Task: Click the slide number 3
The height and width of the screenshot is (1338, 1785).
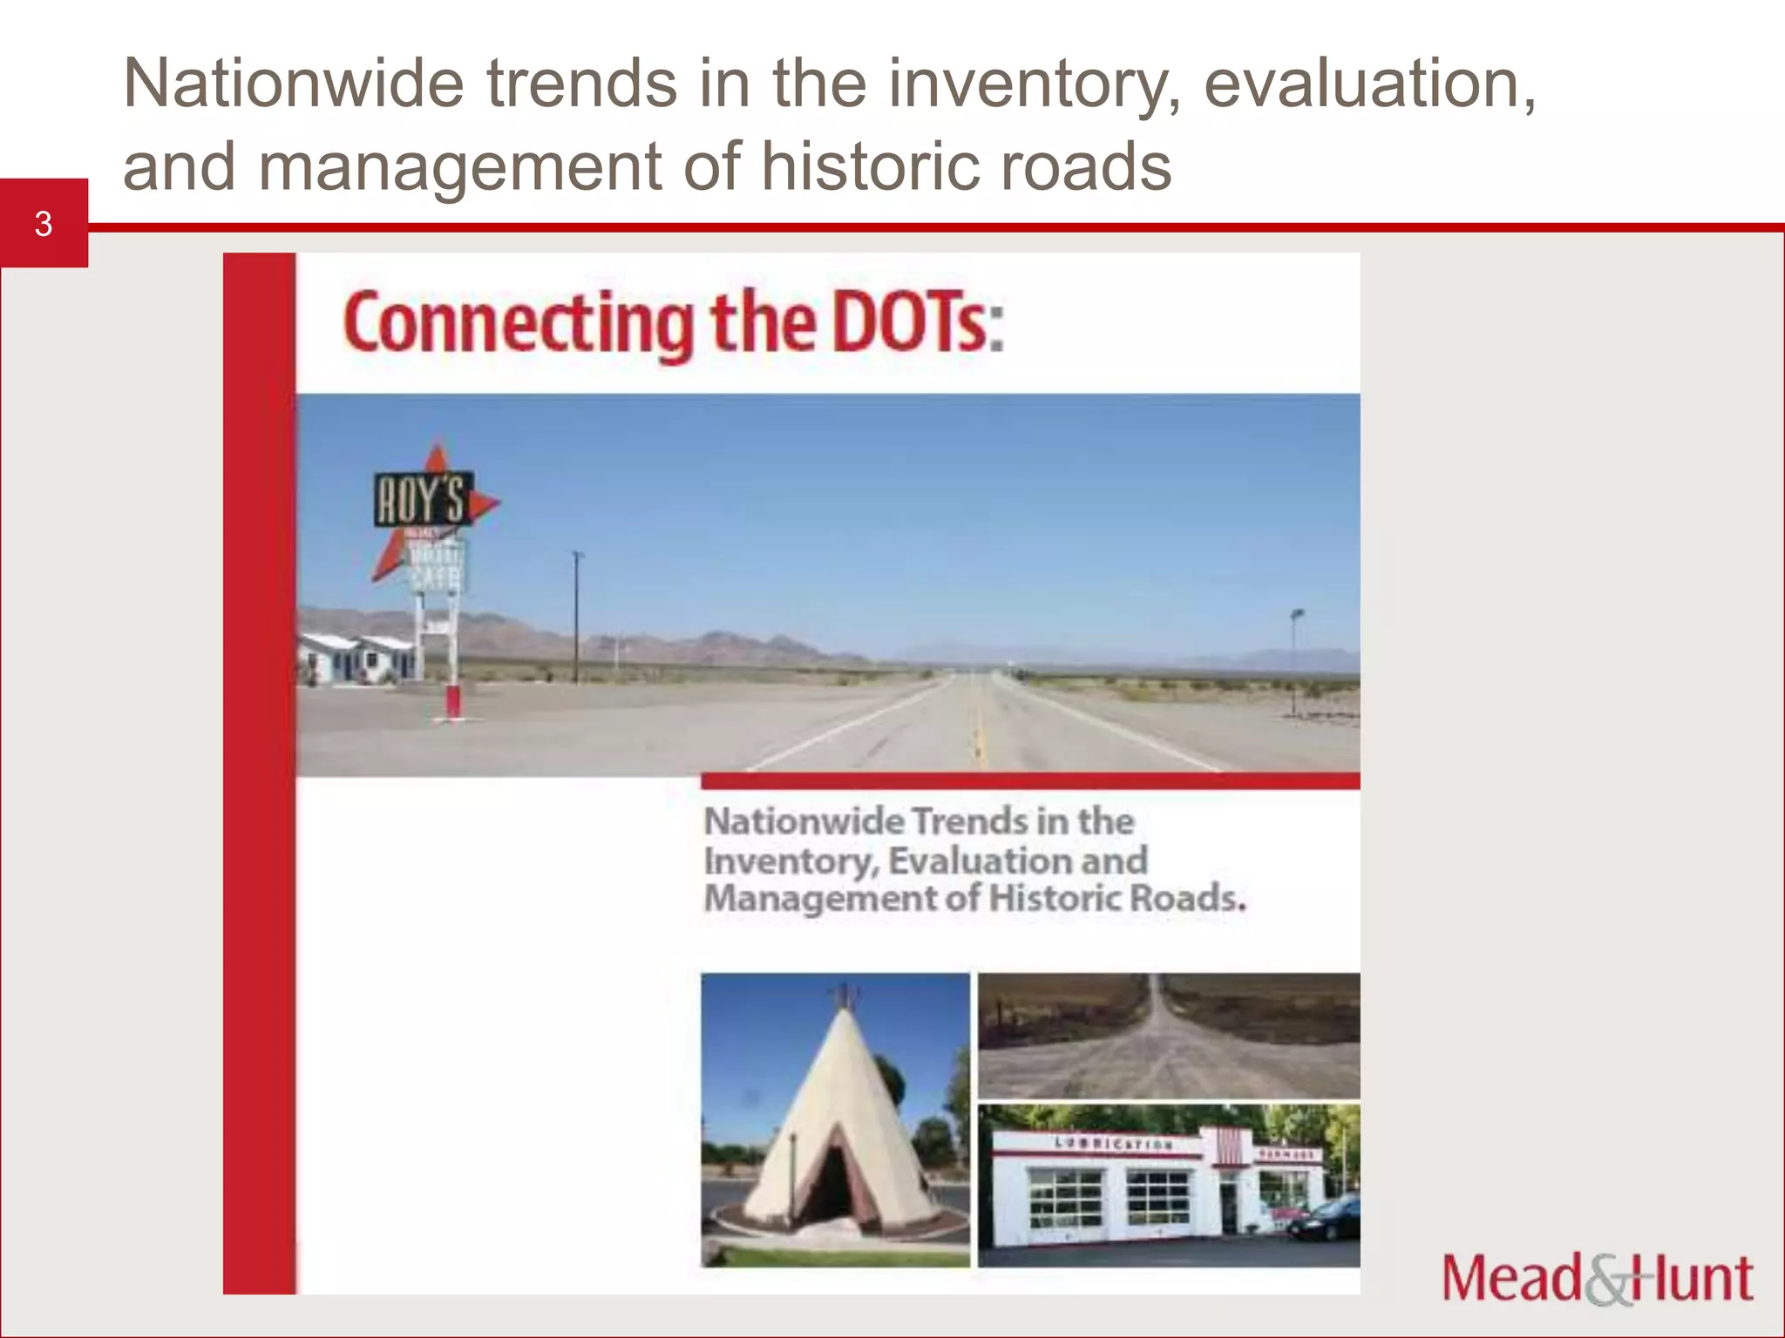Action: (44, 224)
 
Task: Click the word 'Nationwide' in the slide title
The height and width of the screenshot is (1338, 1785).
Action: (294, 84)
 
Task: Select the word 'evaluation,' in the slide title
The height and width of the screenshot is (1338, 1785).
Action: (1369, 84)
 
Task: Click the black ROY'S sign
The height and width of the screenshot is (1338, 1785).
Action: (423, 499)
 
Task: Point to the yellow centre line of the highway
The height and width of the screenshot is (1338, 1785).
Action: (981, 732)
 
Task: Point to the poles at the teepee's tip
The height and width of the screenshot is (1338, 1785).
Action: (843, 994)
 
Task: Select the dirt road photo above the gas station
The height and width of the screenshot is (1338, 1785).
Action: (1168, 1036)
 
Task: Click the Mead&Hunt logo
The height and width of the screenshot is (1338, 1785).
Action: (1597, 1278)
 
